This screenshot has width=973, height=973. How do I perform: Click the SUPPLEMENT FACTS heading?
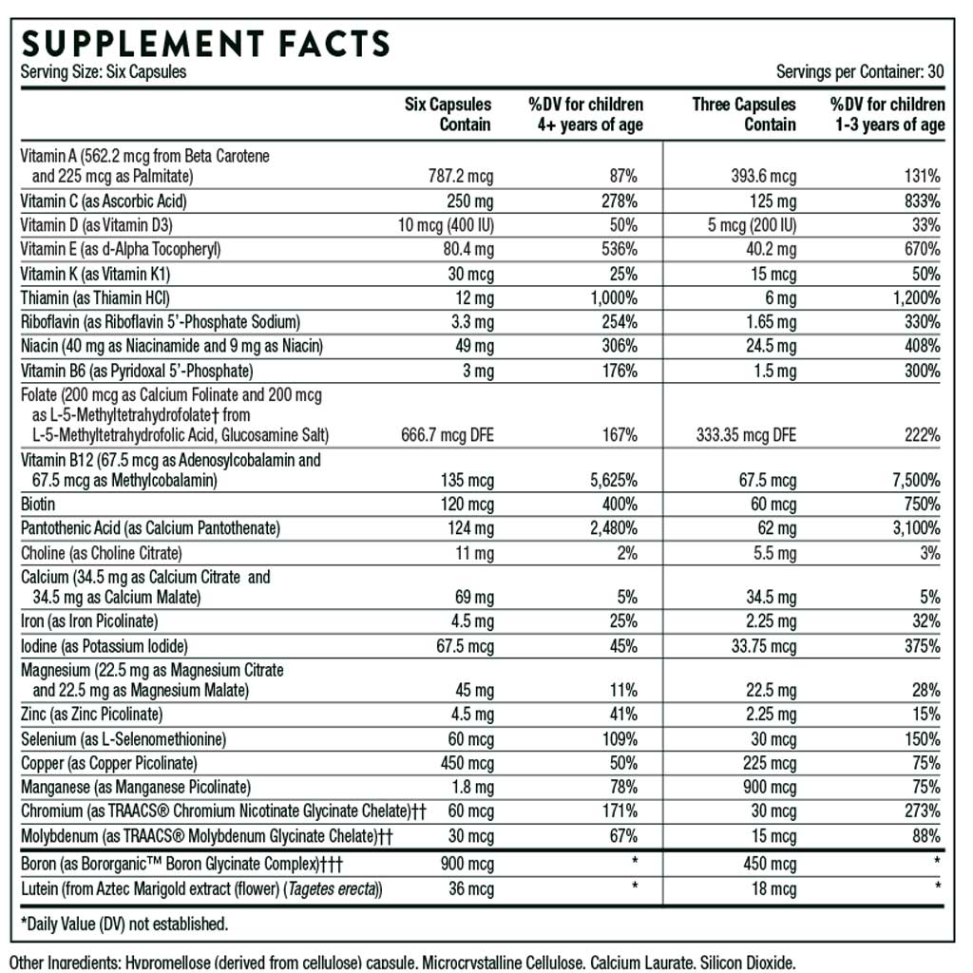(x=205, y=44)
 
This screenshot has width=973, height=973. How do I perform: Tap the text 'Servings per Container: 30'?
(x=859, y=72)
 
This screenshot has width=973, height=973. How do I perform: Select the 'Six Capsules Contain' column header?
(x=448, y=114)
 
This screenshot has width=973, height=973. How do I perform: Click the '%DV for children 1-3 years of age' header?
(x=887, y=114)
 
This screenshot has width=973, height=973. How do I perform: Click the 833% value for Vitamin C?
(x=923, y=201)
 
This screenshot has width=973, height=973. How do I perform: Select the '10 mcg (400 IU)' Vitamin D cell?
(x=446, y=225)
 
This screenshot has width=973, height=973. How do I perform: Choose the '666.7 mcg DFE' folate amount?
(x=447, y=435)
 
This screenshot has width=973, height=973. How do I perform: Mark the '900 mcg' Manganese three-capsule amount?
(x=770, y=787)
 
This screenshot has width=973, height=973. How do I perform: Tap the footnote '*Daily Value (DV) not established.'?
(x=124, y=924)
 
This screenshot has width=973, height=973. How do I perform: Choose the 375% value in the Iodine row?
(x=923, y=646)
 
